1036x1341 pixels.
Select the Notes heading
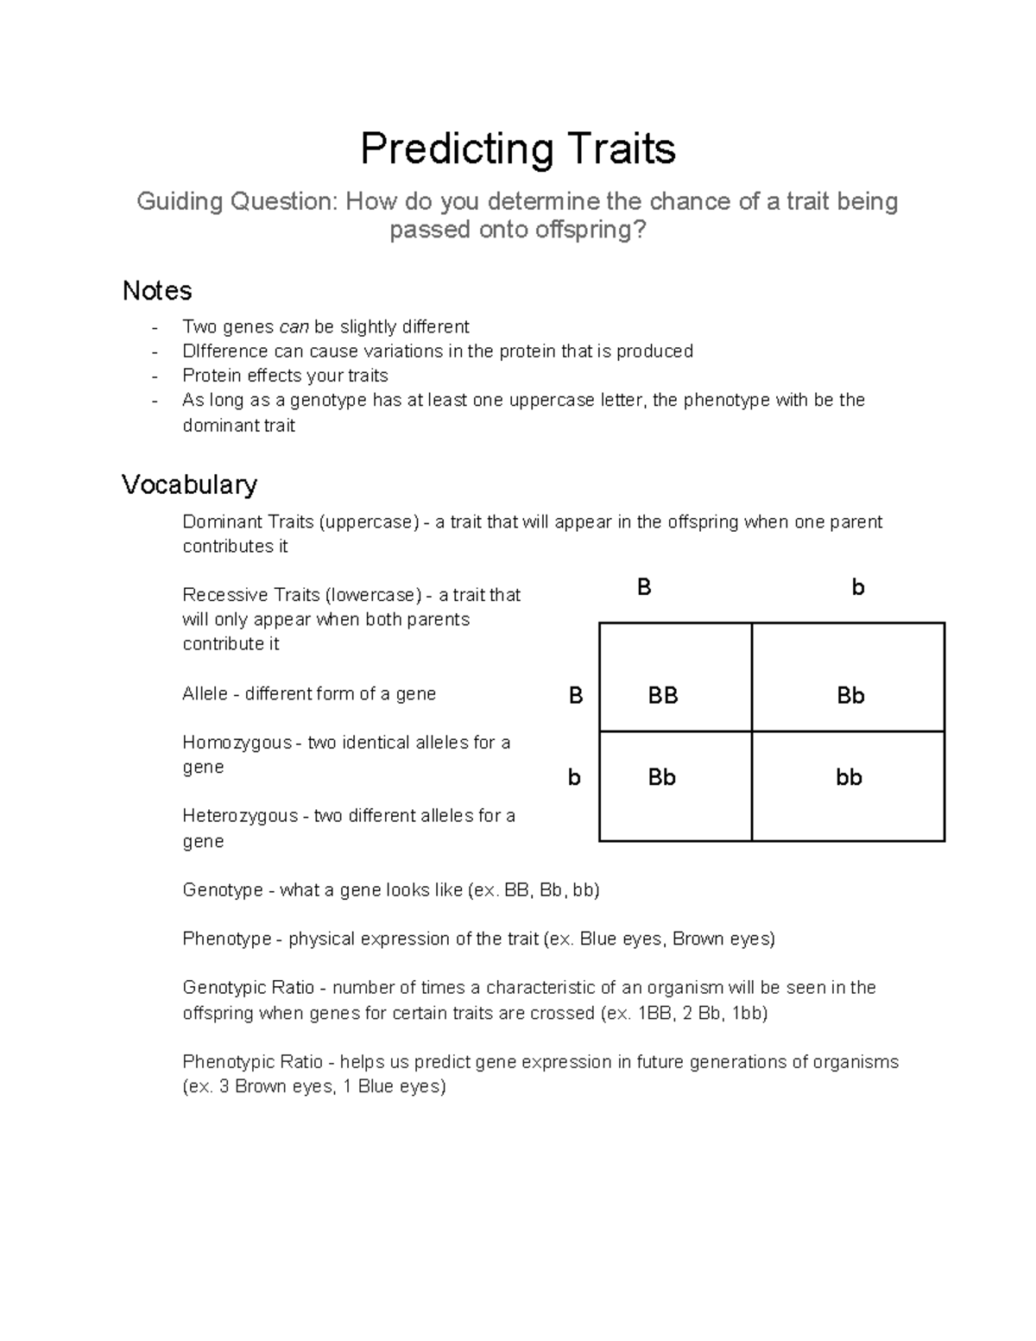click(157, 291)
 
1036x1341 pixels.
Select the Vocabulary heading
click(189, 484)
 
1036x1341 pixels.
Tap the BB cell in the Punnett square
click(663, 696)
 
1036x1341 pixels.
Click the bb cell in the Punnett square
click(849, 778)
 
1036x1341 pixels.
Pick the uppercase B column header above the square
click(644, 588)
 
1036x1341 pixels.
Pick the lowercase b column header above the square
click(857, 588)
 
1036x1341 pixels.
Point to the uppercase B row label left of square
click(576, 696)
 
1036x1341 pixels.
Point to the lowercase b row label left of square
click(574, 778)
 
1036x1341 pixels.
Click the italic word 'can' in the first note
click(294, 327)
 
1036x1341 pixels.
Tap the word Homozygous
click(237, 743)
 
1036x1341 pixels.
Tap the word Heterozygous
click(240, 816)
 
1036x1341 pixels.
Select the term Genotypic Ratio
click(249, 988)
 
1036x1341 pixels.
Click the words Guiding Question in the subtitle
click(235, 202)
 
